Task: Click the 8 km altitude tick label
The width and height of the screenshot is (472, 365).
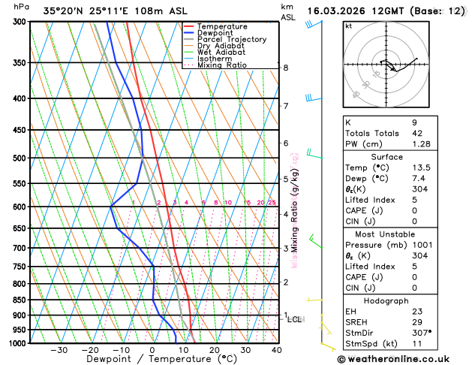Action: point(286,68)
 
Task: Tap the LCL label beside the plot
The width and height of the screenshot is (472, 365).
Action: point(294,319)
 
